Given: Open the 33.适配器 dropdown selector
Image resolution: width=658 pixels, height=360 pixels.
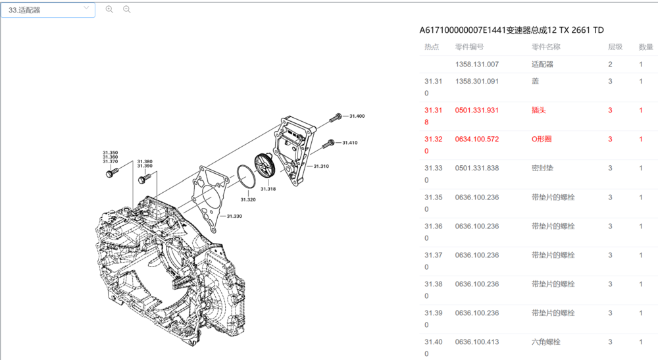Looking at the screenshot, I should tap(48, 10).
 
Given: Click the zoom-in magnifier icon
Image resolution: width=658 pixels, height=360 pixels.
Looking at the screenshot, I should tap(109, 9).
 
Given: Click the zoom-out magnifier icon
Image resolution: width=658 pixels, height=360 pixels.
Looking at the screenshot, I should tap(127, 9).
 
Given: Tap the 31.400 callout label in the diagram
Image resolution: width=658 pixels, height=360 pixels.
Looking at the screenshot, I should tap(357, 116).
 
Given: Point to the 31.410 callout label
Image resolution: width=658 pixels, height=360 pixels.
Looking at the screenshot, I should tap(349, 143).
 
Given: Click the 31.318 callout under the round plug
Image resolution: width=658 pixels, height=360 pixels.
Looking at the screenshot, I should tap(268, 189).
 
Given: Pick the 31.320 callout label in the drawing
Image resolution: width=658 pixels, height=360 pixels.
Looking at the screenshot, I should tap(248, 199).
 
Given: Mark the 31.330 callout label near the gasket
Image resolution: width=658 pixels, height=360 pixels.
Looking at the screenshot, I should tap(234, 216).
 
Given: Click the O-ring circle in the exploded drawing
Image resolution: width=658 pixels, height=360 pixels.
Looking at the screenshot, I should tap(245, 177).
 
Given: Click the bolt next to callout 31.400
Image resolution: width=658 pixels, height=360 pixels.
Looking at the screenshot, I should tap(337, 117).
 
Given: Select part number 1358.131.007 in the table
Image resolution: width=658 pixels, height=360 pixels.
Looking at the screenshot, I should tap(477, 64).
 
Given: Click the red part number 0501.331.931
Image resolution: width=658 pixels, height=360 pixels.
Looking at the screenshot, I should tap(477, 111).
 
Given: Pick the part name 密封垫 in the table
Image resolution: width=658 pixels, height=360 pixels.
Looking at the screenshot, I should tap(542, 168).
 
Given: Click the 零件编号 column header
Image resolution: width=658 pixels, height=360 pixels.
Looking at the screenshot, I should tap(469, 47).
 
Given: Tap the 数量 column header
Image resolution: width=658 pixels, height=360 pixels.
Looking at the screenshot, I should tap(645, 47).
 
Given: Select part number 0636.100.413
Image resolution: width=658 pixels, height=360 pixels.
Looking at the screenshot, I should tap(477, 342).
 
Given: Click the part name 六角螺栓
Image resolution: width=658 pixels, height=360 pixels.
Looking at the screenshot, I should tap(545, 342).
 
